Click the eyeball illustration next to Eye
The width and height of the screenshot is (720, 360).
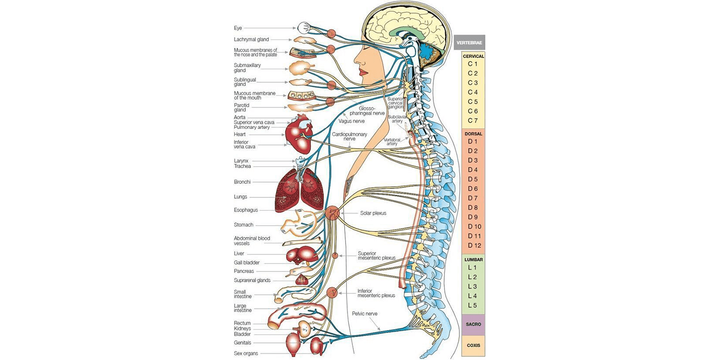tap(303, 27)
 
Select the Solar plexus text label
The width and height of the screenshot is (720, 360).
tap(373, 213)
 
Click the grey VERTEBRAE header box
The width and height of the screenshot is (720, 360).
tap(469, 42)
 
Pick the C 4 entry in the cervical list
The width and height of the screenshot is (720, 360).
tap(472, 92)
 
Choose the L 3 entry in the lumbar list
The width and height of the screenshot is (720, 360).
tap(472, 286)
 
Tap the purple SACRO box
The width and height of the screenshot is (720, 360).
tap(473, 324)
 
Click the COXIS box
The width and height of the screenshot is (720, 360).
tap(473, 345)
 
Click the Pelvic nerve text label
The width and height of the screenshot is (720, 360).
tap(364, 313)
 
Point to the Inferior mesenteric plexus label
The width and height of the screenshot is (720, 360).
tap(376, 293)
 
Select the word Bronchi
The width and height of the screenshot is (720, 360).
tap(242, 182)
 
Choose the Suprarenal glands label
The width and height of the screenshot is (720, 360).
tap(252, 280)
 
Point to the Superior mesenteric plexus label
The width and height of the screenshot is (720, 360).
tap(376, 255)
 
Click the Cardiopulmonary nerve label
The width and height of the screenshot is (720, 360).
tap(349, 136)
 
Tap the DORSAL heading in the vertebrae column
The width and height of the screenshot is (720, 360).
tap(473, 133)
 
